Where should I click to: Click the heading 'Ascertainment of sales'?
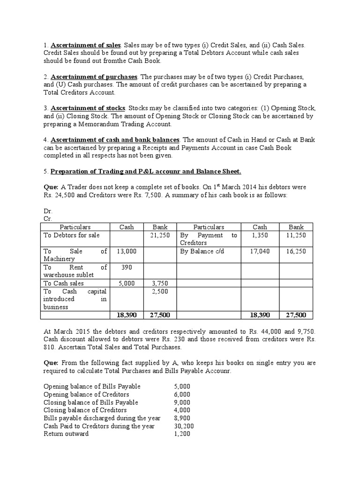[85, 45]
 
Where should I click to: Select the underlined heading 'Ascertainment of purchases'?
[94, 76]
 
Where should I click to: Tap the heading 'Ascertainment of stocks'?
[88, 108]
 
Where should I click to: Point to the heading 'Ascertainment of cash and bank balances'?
[115, 140]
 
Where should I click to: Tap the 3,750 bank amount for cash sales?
[160, 283]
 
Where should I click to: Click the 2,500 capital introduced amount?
[160, 291]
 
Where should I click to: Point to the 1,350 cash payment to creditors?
[260, 235]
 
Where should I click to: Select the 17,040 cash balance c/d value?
[260, 251]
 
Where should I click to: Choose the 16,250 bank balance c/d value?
[296, 251]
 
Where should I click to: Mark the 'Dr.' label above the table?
[47, 211]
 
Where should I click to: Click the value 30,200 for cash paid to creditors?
[184, 426]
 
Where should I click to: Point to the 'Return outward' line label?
[66, 434]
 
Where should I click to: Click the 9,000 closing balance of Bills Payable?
[182, 402]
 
